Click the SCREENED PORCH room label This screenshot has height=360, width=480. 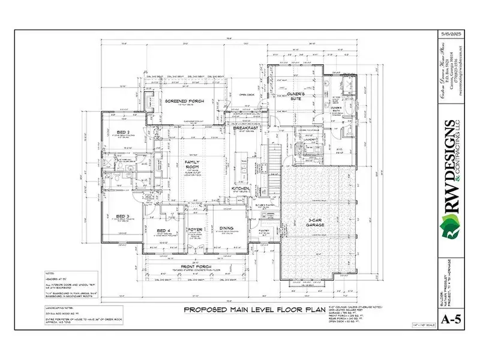(x=188, y=101)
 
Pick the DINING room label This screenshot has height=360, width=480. (x=226, y=228)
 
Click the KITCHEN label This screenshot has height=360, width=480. (x=241, y=188)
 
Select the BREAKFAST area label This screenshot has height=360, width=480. (x=246, y=128)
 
